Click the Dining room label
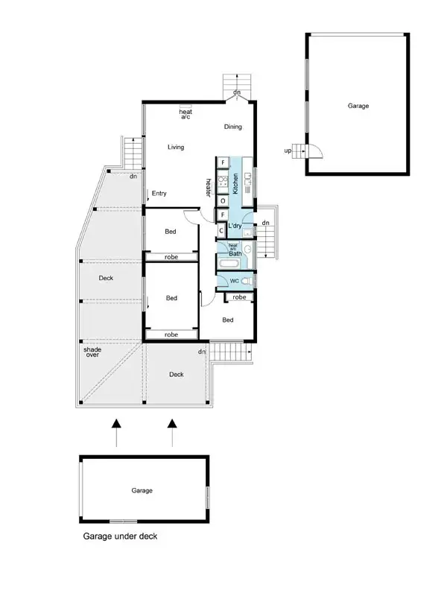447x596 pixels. pyautogui.click(x=233, y=127)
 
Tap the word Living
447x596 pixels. pyautogui.click(x=176, y=147)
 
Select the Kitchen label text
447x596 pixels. pyautogui.click(x=235, y=183)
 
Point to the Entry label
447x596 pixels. pyautogui.click(x=159, y=194)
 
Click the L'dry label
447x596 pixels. pyautogui.click(x=236, y=226)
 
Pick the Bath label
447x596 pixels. pyautogui.click(x=235, y=253)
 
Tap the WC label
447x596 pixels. pyautogui.click(x=233, y=282)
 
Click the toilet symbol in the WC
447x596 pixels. pyautogui.click(x=247, y=282)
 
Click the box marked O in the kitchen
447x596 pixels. pyautogui.click(x=223, y=200)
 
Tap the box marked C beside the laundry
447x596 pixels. pyautogui.click(x=222, y=230)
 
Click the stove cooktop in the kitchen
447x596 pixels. pyautogui.click(x=222, y=180)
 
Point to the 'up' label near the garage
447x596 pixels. pyautogui.click(x=288, y=151)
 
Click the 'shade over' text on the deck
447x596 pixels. pyautogui.click(x=92, y=352)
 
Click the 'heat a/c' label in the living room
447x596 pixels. pyautogui.click(x=186, y=114)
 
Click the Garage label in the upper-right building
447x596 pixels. pyautogui.click(x=358, y=106)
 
